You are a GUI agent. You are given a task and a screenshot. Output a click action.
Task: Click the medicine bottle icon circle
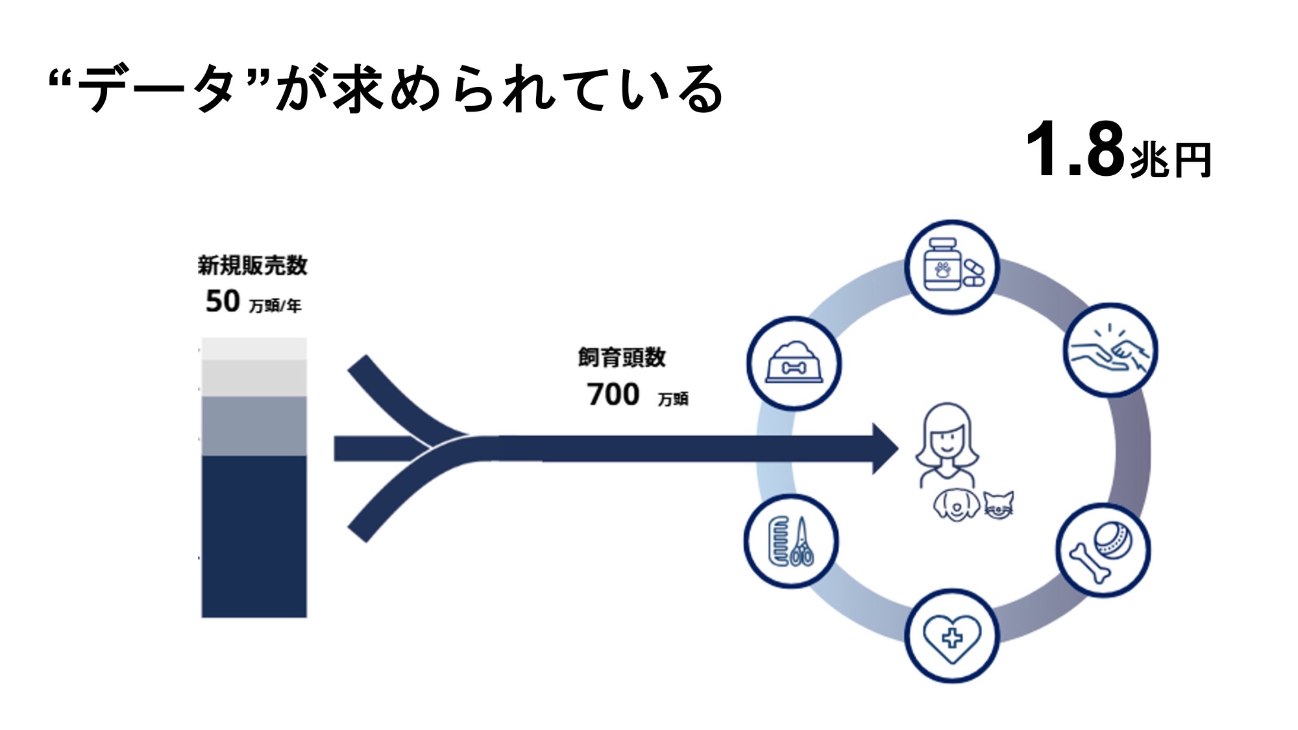point(951,267)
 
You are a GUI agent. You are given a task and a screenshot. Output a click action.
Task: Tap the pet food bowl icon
point(794,363)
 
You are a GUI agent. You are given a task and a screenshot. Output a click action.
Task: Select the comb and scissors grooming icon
point(791,541)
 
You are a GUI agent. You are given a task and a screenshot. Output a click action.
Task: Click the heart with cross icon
point(951,637)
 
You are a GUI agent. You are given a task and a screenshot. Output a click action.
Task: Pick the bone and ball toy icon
point(1103,550)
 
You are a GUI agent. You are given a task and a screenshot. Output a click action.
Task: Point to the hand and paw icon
point(1110,350)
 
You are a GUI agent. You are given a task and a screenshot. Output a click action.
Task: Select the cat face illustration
point(998,505)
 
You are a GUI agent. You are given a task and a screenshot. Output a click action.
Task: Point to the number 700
point(613,395)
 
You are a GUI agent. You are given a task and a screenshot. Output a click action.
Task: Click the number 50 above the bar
point(223,301)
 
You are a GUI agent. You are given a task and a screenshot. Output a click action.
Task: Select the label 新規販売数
point(252,265)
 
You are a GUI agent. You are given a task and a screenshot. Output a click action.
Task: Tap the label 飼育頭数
point(622,358)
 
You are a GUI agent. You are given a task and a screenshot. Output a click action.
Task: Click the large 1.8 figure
point(1075,150)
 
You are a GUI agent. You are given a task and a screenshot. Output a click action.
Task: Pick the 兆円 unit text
point(1171,160)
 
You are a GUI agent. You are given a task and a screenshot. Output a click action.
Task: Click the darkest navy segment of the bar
point(254,535)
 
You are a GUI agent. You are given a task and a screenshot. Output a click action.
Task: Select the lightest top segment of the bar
point(254,348)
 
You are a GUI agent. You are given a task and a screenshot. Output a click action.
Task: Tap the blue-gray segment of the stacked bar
point(254,426)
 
